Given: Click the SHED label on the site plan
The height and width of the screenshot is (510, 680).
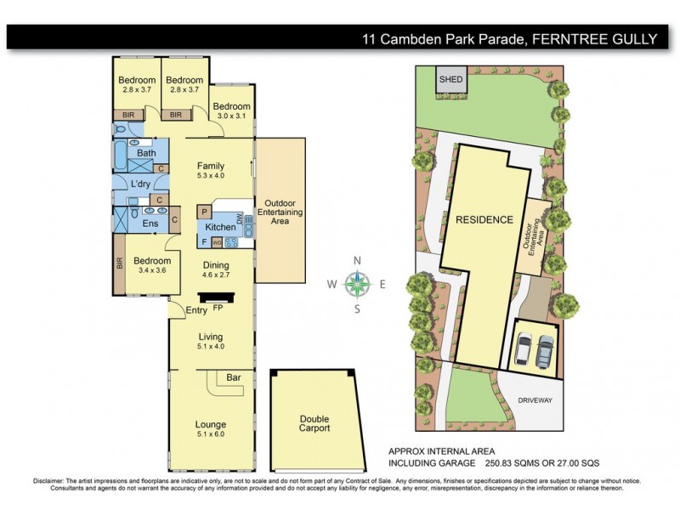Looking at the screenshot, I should (x=450, y=80).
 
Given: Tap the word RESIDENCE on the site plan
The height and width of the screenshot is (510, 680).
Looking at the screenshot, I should (x=484, y=219).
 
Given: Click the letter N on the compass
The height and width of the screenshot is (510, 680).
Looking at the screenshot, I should (x=358, y=261).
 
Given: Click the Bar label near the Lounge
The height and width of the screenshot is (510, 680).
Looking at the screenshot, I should (x=234, y=377).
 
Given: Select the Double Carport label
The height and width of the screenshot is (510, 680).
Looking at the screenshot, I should (x=314, y=423).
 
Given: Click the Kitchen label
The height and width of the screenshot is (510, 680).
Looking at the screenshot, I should (x=221, y=227).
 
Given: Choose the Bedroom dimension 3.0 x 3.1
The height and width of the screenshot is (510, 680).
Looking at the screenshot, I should (x=231, y=117).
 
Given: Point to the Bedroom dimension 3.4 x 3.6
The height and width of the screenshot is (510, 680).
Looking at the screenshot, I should (x=151, y=271).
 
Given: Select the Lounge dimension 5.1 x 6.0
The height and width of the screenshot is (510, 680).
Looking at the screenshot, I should (x=211, y=433).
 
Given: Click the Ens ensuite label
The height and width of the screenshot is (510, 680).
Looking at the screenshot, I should (x=150, y=223).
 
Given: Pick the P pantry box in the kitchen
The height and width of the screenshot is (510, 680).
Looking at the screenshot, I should (x=205, y=210).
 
